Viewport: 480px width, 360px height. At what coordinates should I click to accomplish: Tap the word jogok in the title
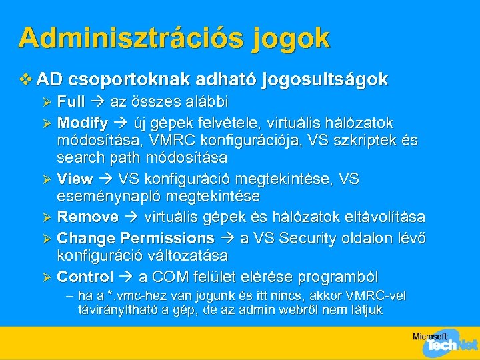click(x=291, y=39)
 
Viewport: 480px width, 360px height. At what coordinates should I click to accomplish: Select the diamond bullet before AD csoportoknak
click(x=26, y=80)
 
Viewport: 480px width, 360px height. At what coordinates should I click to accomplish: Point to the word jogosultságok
click(x=326, y=81)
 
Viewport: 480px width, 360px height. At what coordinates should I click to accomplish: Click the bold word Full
click(x=71, y=103)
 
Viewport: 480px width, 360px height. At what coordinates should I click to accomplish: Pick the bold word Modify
click(x=83, y=123)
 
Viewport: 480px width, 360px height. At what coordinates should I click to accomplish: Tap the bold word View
click(x=75, y=179)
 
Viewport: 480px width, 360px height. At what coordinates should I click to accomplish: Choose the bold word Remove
click(x=87, y=217)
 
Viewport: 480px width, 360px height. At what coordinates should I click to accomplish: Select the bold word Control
click(x=85, y=276)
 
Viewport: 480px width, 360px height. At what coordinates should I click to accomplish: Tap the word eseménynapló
click(x=99, y=197)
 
